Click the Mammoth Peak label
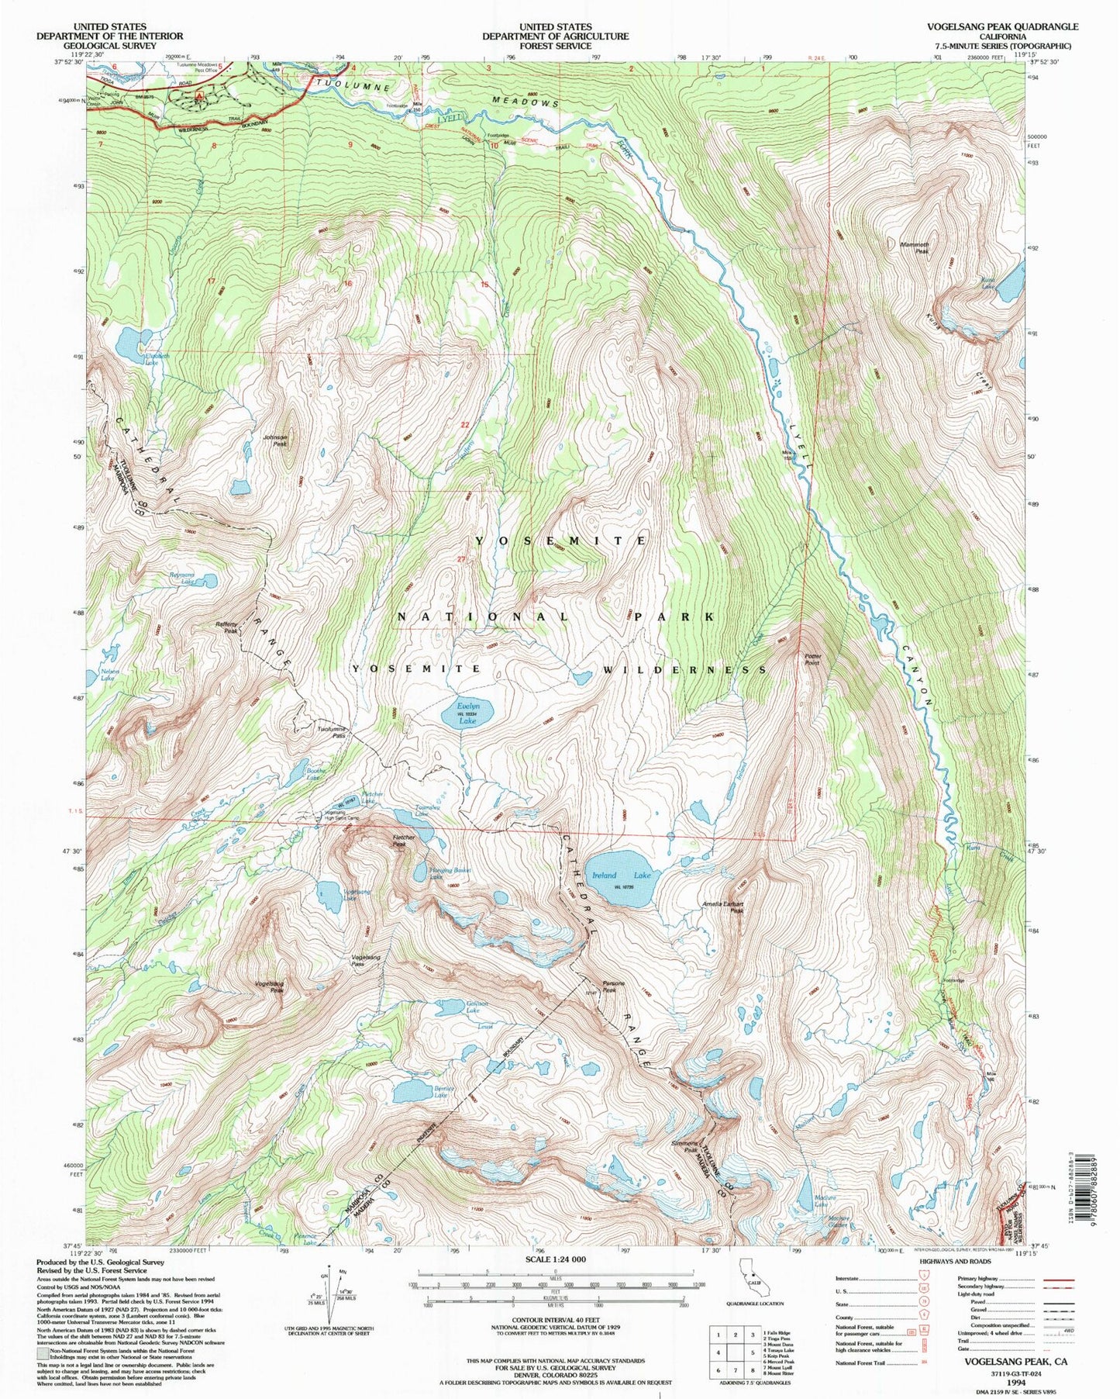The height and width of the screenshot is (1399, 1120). (915, 247)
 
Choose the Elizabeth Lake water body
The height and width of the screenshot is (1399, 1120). (133, 340)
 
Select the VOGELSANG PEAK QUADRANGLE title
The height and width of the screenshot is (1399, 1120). (1001, 26)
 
